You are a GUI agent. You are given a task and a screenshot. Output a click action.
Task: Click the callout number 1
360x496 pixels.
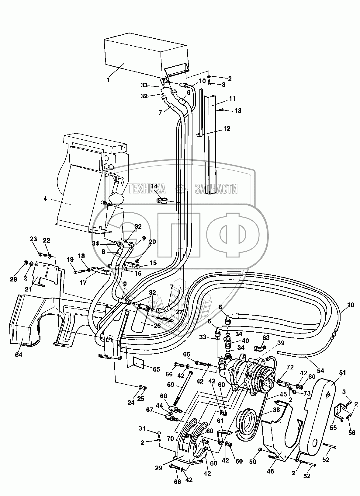(x=108, y=81)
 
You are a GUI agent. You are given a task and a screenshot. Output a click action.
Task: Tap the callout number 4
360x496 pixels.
(x=45, y=199)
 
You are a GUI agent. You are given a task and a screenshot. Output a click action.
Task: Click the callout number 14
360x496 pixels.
(x=154, y=187)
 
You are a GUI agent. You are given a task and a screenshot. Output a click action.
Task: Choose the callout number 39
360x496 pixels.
(x=281, y=343)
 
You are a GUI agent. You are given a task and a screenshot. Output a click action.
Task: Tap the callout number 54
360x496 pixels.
(x=321, y=371)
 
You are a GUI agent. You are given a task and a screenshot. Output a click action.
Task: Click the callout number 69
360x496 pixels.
(x=170, y=385)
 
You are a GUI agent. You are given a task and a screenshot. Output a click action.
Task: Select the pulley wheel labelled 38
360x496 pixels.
(x=248, y=421)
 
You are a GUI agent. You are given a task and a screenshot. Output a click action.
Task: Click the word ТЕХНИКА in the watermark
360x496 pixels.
(x=147, y=190)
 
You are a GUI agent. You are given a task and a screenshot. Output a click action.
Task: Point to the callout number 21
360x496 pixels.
(x=28, y=289)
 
